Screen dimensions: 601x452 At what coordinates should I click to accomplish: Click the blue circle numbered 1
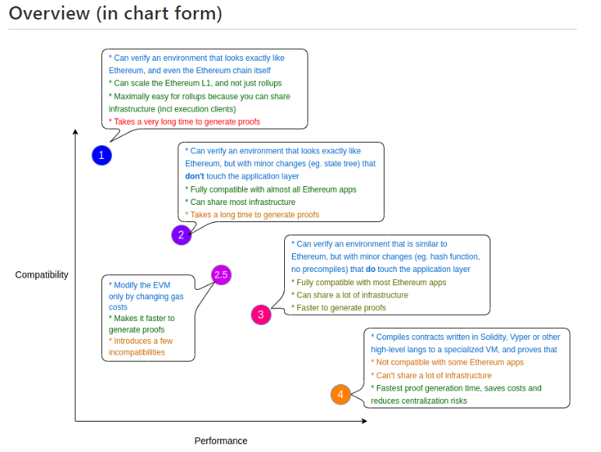(x=101, y=155)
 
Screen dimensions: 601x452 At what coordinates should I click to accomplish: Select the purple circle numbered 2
(x=181, y=235)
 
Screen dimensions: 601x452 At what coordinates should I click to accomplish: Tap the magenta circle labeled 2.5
(x=221, y=275)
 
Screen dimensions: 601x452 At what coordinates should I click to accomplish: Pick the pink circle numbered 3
(x=261, y=315)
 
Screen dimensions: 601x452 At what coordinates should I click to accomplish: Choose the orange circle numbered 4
(x=341, y=394)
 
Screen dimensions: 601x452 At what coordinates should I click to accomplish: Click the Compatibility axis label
(x=42, y=275)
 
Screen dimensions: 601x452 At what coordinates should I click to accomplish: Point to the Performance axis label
(x=221, y=441)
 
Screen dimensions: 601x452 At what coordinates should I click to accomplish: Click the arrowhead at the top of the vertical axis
(x=76, y=132)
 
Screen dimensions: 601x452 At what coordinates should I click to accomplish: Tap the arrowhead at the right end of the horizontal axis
(x=364, y=421)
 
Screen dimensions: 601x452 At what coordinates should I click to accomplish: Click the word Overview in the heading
(x=50, y=13)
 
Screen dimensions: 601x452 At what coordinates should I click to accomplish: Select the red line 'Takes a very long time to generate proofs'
(x=185, y=122)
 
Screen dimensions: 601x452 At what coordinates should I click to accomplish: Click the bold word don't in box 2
(x=195, y=176)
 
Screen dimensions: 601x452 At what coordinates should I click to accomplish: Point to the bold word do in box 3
(x=371, y=270)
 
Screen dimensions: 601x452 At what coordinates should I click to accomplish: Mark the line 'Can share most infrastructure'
(x=241, y=202)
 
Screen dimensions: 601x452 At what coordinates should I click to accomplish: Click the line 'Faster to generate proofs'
(x=339, y=308)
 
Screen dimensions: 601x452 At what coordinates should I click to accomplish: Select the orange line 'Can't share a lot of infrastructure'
(x=431, y=376)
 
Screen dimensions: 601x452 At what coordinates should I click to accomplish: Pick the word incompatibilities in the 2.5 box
(x=137, y=352)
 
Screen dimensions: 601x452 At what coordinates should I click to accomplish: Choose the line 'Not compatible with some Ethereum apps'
(x=448, y=362)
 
